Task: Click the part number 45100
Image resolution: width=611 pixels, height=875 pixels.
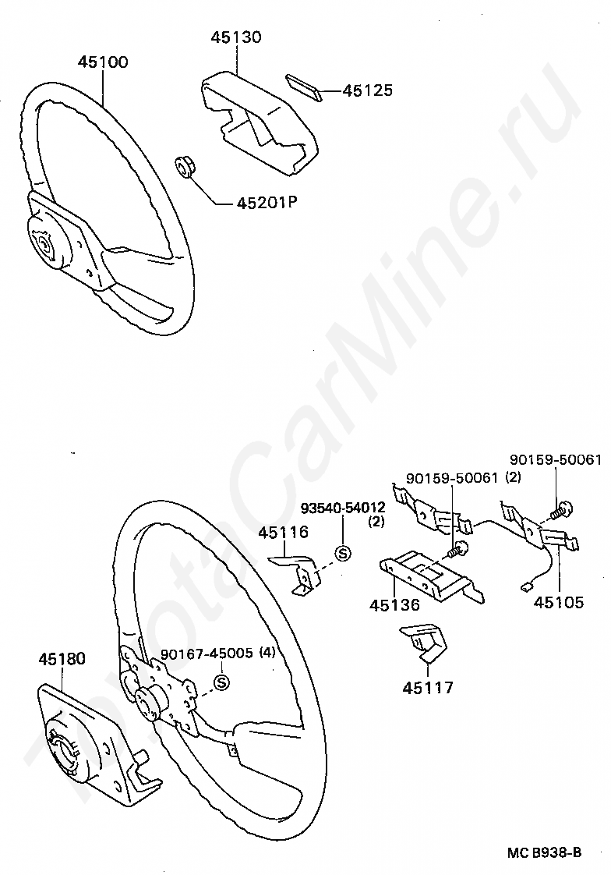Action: coord(103,62)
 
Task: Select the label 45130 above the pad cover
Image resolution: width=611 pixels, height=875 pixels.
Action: coord(236,37)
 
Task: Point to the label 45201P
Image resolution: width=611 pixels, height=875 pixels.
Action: coord(268,204)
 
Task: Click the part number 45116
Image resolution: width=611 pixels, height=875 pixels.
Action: coord(284,533)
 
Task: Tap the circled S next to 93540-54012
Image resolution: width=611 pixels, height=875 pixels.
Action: coord(341,553)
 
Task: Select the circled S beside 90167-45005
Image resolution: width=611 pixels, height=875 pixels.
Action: coord(221,683)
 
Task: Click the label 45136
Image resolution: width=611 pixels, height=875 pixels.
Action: coord(394,605)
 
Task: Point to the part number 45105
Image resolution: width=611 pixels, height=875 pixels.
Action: coord(558,603)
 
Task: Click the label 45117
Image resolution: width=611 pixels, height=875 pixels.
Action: coord(428,688)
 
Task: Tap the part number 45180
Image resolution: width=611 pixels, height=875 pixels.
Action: coord(62,659)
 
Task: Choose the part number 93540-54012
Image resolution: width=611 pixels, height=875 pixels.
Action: coord(344,508)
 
